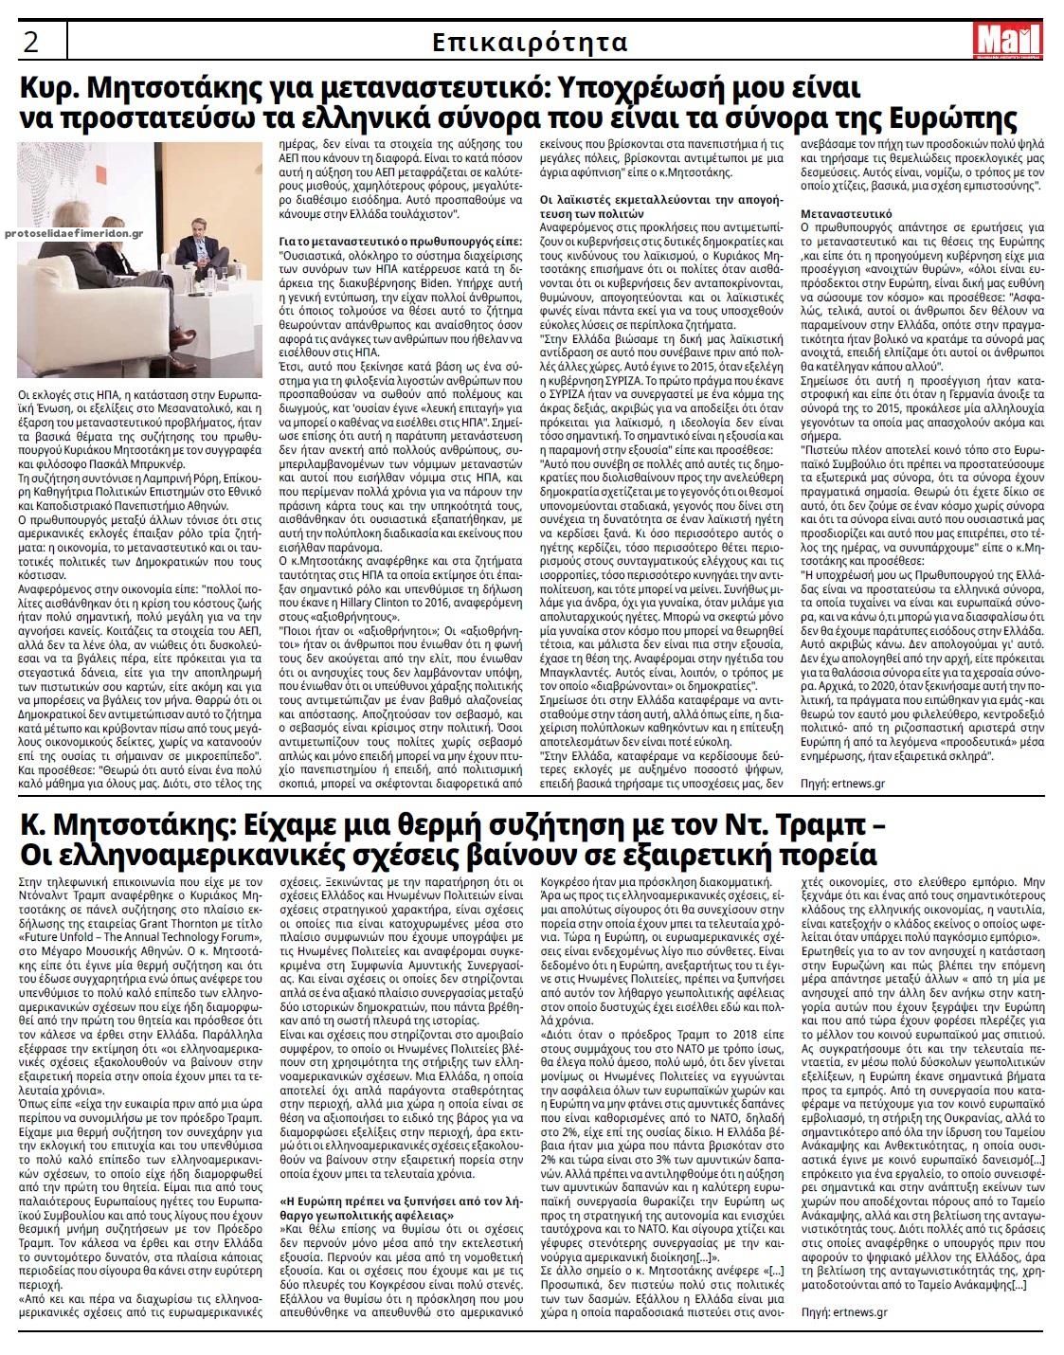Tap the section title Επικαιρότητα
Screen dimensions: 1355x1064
pos(530,43)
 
